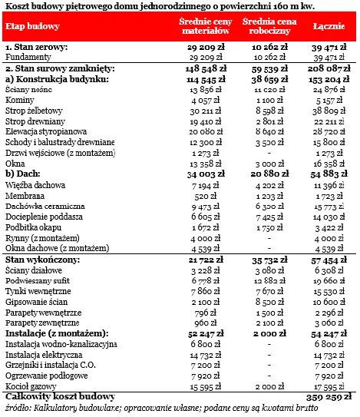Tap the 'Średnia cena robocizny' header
[263, 26]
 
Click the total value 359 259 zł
[329, 397]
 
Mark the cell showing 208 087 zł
[329, 68]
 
